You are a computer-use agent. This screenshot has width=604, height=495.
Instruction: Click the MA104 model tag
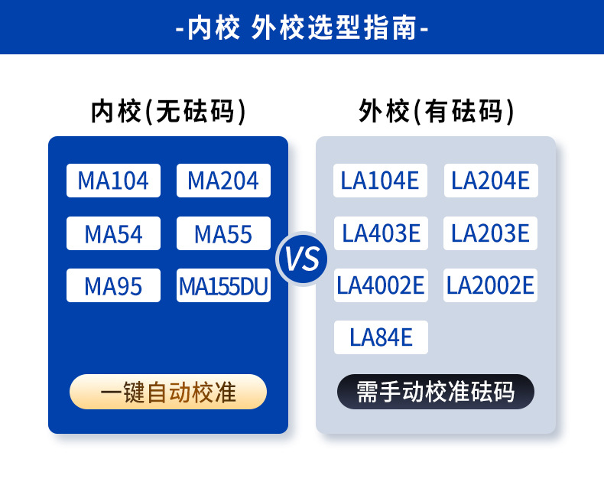pos(113,181)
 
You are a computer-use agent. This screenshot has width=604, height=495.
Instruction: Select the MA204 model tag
pos(223,181)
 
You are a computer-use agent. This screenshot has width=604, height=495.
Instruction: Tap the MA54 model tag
pos(113,233)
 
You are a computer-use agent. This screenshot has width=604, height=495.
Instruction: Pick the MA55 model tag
pos(223,233)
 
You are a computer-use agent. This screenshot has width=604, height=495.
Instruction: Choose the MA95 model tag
pos(113,285)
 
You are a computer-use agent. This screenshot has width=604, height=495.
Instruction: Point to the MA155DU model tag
pos(223,285)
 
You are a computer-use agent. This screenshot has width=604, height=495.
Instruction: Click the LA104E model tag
pos(381,181)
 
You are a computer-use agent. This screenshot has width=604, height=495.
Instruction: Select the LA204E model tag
pos(491,181)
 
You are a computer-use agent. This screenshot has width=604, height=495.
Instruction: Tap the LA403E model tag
pos(381,233)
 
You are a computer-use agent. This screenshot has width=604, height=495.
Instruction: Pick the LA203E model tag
pos(491,233)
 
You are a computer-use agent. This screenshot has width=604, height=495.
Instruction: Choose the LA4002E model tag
pos(381,285)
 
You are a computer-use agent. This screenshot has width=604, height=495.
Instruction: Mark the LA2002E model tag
pos(491,285)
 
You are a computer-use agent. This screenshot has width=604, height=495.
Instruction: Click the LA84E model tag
pos(381,337)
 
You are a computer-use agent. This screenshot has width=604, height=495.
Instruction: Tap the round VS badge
pos(302,259)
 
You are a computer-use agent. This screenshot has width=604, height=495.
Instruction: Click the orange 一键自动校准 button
pos(168,392)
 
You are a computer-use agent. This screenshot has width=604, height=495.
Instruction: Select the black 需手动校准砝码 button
pos(436,392)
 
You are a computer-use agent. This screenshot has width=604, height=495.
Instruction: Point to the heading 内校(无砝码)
pos(168,112)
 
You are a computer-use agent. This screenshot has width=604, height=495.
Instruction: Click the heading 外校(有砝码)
pos(436,112)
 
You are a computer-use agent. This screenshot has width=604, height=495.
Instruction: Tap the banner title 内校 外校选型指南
pos(302,28)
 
